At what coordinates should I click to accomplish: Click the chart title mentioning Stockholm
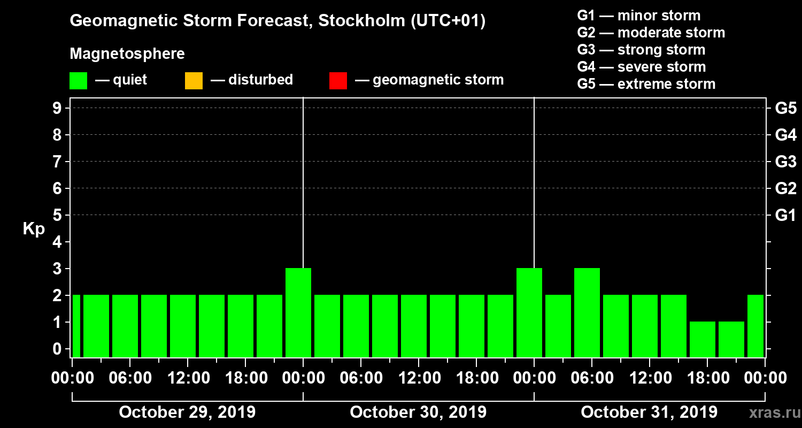coord(277,21)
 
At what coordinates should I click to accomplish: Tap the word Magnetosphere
coord(127,54)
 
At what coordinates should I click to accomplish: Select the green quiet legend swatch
coord(78,81)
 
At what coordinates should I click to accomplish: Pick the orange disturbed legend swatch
coord(194,81)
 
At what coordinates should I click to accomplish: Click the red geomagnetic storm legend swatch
coord(338,81)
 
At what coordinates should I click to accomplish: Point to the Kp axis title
coord(34,229)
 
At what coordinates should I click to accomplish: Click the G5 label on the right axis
coord(785,108)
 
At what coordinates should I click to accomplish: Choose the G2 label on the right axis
coord(785,188)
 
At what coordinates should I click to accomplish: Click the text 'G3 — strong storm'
coord(641,50)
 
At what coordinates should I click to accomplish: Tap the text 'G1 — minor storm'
coord(638,16)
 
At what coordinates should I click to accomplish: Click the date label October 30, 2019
coord(418,412)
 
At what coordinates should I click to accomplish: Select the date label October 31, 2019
coord(649,412)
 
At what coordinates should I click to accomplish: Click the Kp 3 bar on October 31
coord(587,312)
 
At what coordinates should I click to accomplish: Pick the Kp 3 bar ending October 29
coord(298,312)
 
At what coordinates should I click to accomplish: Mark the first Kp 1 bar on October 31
coord(703,339)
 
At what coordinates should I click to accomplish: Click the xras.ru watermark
coord(770,413)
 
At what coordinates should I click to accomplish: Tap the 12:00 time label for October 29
coord(187,378)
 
